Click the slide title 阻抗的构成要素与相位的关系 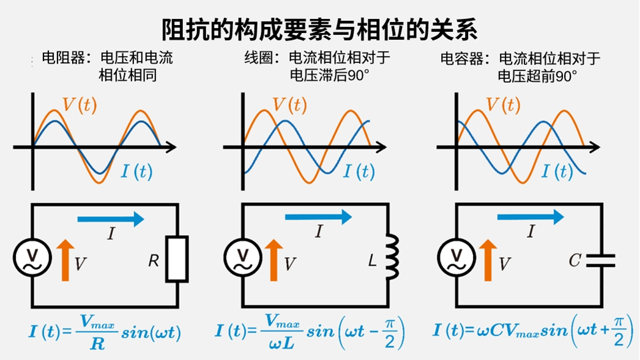[x=319, y=29]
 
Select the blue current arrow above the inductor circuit [x=319, y=216]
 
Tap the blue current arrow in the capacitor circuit [x=530, y=216]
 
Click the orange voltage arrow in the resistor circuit [x=64, y=259]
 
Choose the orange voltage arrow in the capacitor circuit [x=488, y=259]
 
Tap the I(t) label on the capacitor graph [x=557, y=172]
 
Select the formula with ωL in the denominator [x=310, y=333]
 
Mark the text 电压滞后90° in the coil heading [x=331, y=76]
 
